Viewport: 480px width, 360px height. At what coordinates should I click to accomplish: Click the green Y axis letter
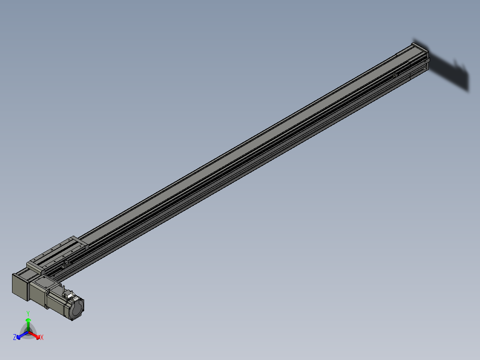[x=28, y=313]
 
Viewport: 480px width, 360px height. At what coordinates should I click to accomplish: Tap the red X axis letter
[x=42, y=338]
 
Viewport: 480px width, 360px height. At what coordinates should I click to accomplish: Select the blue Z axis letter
[x=15, y=338]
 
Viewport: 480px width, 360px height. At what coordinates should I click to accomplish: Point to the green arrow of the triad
[x=28, y=323]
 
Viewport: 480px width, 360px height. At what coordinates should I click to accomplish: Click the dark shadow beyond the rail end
[x=450, y=71]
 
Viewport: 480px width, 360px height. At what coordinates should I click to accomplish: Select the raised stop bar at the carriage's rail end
[x=78, y=241]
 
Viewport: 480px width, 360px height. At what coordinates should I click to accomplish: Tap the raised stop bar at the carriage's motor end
[x=34, y=265]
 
